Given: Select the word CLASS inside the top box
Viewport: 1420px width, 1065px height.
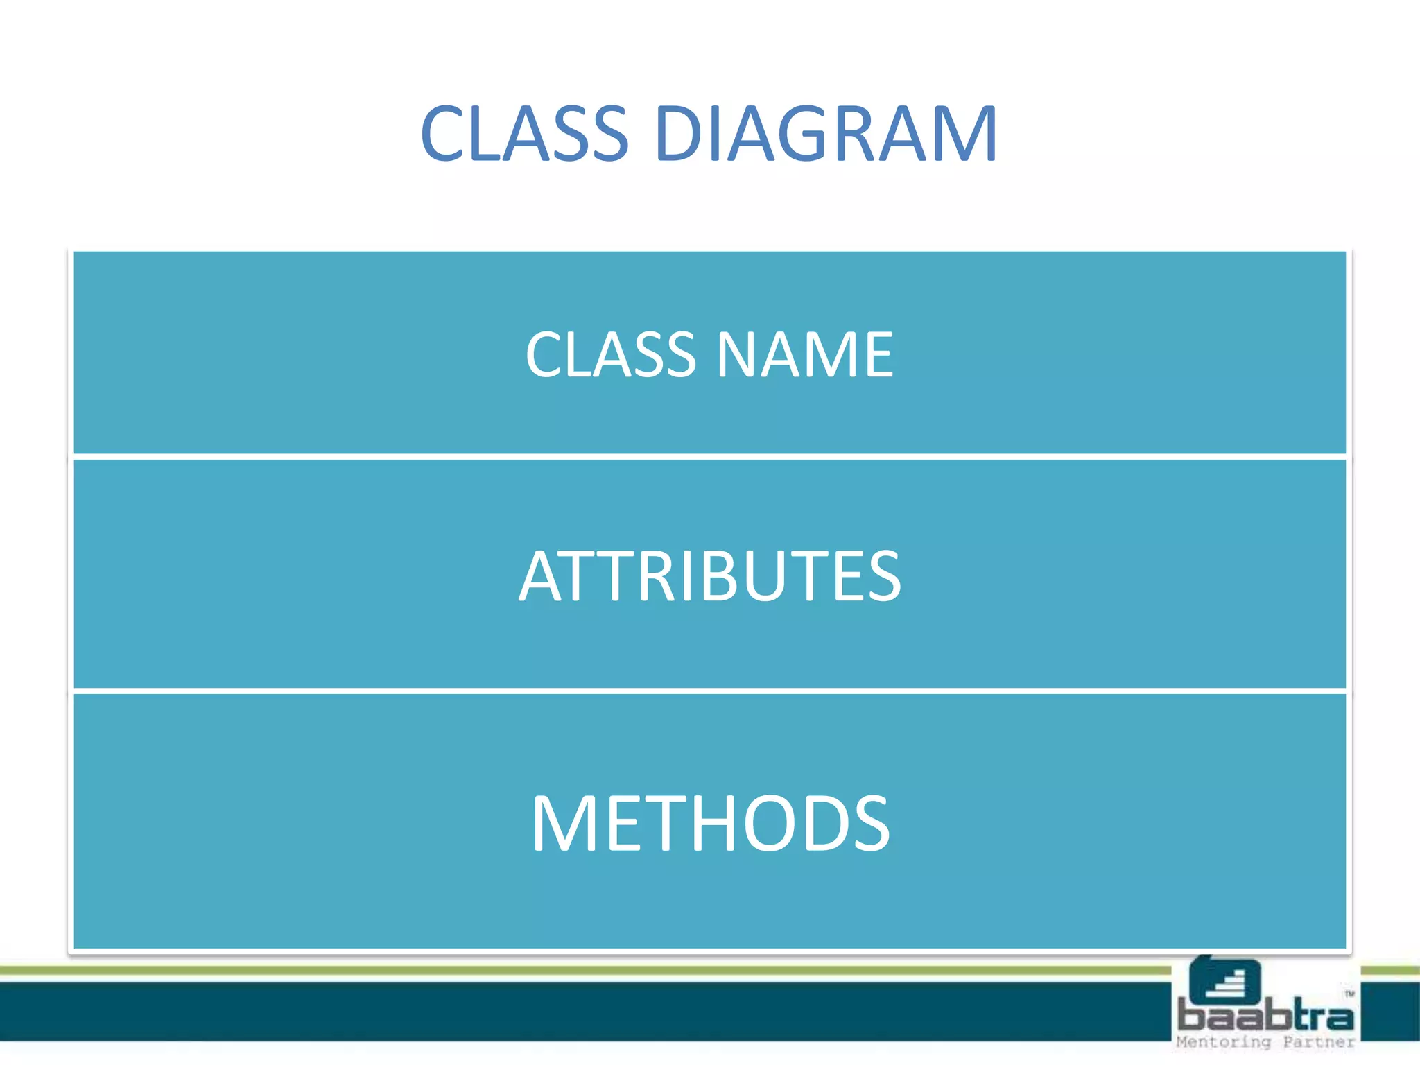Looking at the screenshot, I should tap(610, 354).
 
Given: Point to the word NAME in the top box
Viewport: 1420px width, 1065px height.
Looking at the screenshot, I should tap(805, 354).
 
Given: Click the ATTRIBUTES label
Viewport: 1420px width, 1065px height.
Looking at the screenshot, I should tap(710, 575).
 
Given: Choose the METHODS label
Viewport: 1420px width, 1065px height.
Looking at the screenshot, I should tap(710, 823).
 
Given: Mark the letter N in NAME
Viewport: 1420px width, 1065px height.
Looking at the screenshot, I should tap(737, 354).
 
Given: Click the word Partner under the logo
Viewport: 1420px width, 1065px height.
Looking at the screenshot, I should tap(1318, 1042).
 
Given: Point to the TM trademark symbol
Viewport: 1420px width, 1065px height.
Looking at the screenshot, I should tap(1349, 994).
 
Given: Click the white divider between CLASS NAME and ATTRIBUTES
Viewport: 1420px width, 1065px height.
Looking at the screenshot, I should tap(710, 456).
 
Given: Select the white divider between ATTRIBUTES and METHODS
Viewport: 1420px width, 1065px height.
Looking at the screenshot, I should tap(710, 691).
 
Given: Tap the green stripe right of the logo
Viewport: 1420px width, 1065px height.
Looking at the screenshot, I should tap(1389, 970).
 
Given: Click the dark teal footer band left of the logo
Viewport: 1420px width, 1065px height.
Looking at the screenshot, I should tap(555, 1011).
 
